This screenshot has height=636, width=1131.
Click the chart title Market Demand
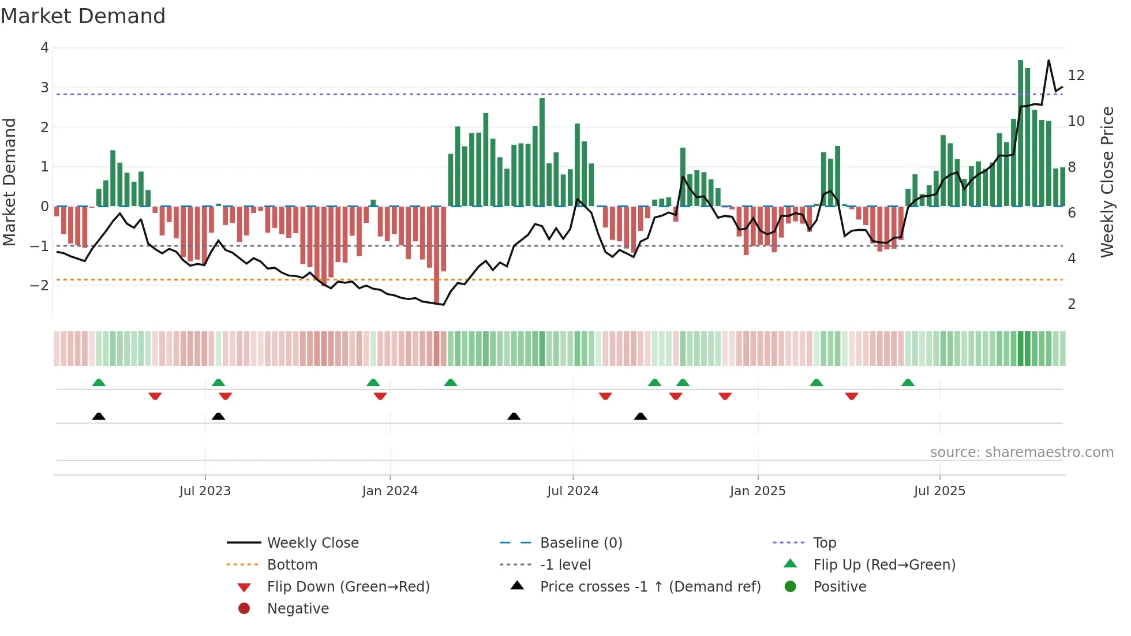[x=83, y=16]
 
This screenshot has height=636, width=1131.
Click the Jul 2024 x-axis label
[x=572, y=491]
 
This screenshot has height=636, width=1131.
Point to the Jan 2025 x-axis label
[x=757, y=491]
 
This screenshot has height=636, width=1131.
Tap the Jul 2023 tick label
[x=205, y=491]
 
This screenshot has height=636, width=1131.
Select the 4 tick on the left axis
[x=44, y=48]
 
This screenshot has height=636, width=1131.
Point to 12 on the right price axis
[x=1076, y=76]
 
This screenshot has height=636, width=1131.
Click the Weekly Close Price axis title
[x=1107, y=182]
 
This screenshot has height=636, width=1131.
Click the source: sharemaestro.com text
[x=1021, y=452]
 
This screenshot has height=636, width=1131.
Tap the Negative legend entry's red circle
[x=244, y=609]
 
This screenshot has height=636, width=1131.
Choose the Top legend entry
[x=824, y=543]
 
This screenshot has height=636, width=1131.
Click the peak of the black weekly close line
[x=1048, y=61]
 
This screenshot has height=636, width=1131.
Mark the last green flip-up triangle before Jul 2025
[x=908, y=383]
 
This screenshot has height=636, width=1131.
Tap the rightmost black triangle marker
[x=641, y=416]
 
